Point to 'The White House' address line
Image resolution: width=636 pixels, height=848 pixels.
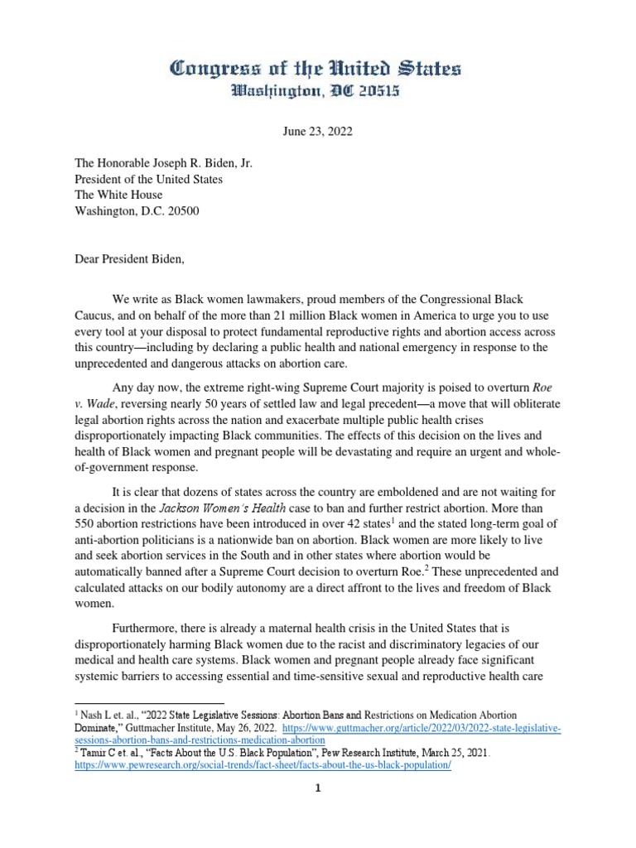point(118,195)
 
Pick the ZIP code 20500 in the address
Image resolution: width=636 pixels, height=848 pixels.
point(183,210)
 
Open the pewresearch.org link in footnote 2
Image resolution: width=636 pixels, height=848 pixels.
point(263,765)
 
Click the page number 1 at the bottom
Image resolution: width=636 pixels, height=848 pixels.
point(317,788)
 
